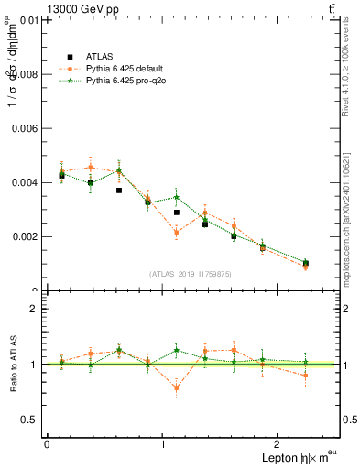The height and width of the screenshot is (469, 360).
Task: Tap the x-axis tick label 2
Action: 280,444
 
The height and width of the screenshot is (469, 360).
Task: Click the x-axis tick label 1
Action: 163,444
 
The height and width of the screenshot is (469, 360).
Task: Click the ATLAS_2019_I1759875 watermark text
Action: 191,274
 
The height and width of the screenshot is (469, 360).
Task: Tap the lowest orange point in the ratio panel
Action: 176,387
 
